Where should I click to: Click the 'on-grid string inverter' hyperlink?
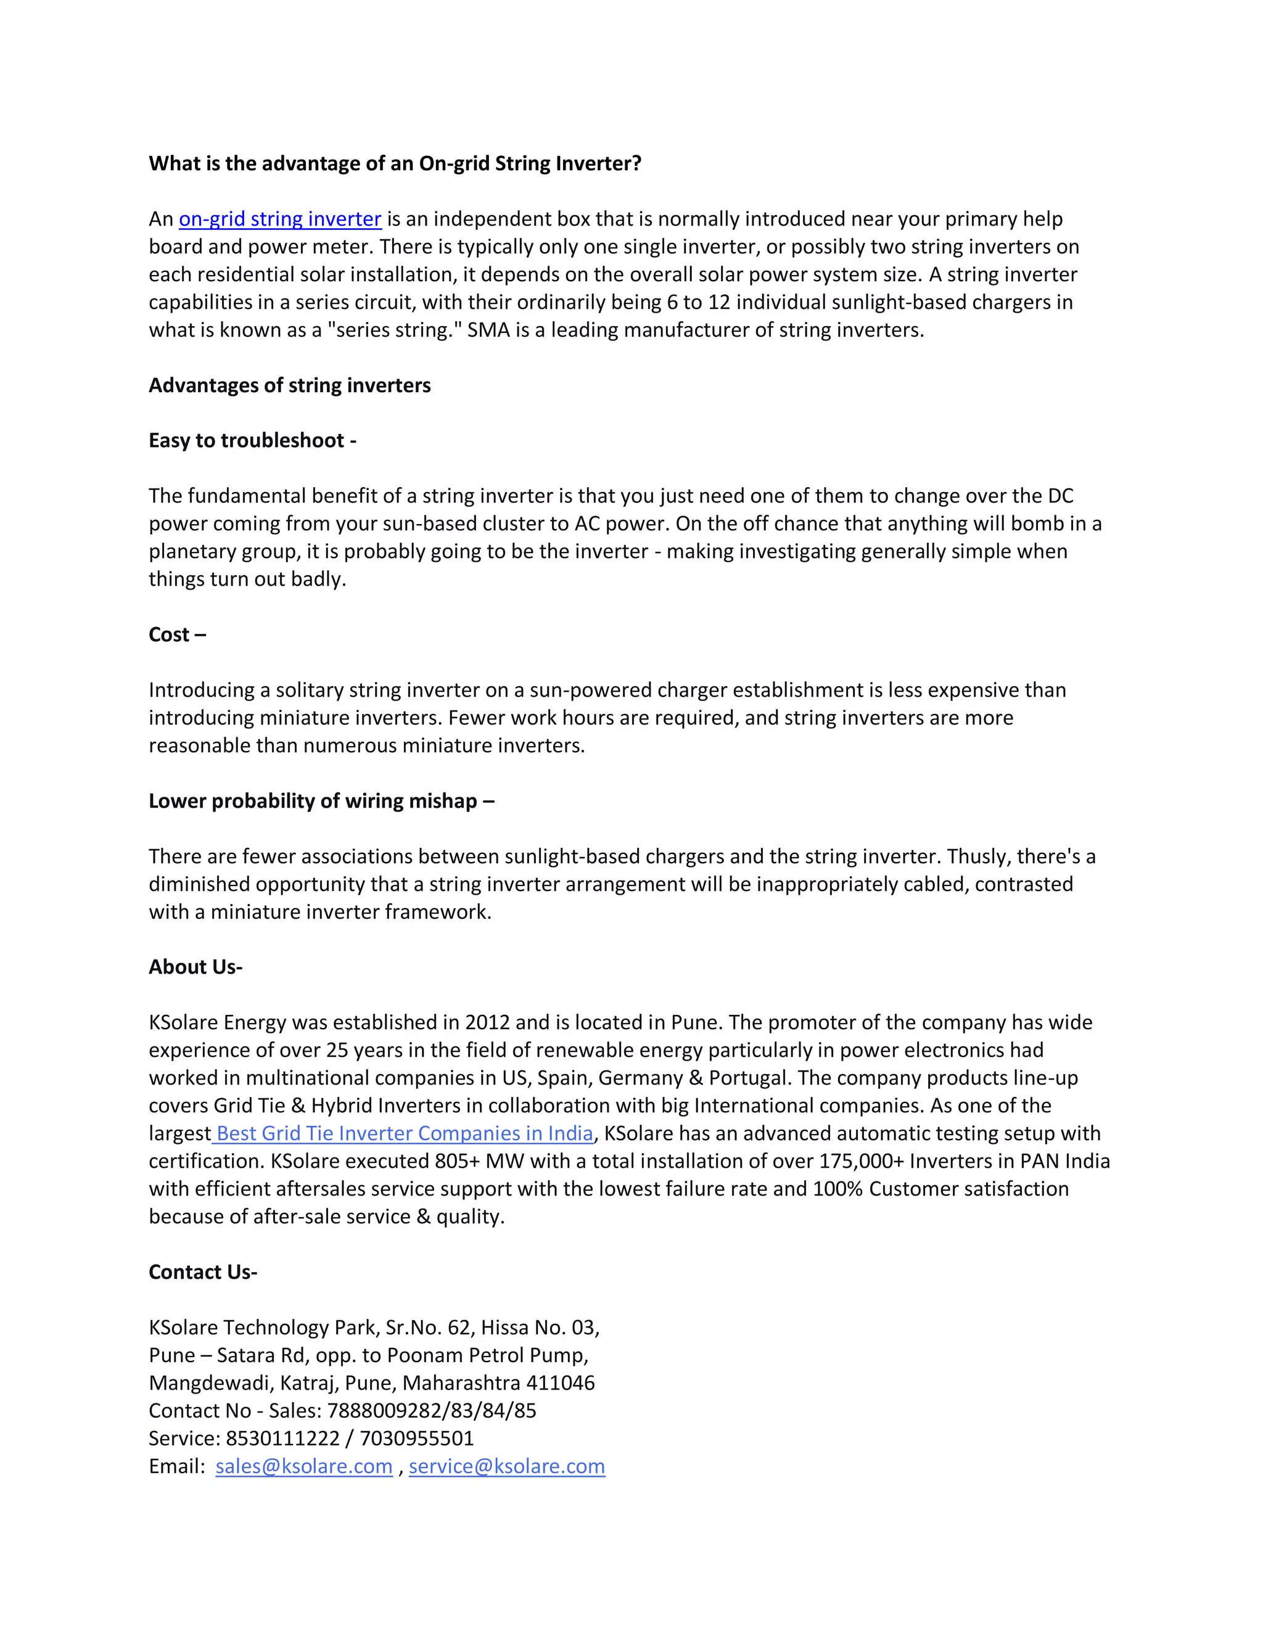point(280,220)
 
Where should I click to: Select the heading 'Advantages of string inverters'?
point(290,385)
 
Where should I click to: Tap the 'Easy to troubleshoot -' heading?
point(252,441)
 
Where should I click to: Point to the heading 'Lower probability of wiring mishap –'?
point(321,802)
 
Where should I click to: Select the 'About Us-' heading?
point(195,967)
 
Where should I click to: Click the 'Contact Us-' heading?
point(203,1272)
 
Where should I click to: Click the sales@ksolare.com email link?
point(304,1466)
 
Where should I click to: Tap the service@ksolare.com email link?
point(506,1466)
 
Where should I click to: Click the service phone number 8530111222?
point(283,1439)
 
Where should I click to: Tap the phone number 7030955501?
point(417,1439)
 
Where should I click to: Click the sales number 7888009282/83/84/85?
point(432,1411)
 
